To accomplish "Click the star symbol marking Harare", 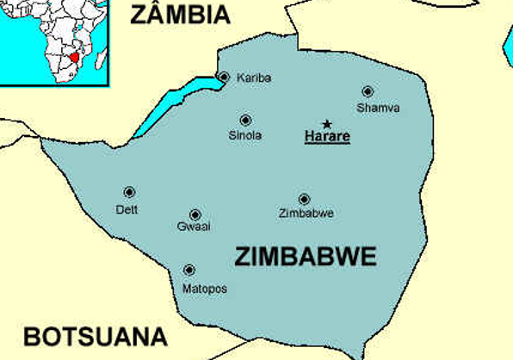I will pos(326,124).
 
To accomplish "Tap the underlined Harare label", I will pos(327,136).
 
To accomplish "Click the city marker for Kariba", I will pos(224,78).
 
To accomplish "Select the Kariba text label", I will pos(254,78).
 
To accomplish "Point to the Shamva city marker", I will pos(368,91).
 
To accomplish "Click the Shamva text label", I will pos(378,108).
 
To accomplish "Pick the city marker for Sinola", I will pos(245,121).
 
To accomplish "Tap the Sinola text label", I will pos(245,136).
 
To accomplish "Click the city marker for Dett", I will pos(129,193).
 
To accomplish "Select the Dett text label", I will pos(127,209).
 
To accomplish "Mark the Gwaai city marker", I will pos(195,214).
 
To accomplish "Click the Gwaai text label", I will pos(194,227).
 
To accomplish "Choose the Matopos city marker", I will pos(189,270).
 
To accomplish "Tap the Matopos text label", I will pos(205,289).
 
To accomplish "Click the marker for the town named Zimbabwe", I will pos(304,199).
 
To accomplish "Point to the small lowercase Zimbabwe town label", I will pos(306,213).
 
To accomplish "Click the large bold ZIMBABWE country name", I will pos(306,257).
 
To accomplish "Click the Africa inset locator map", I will pos(53,40).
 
